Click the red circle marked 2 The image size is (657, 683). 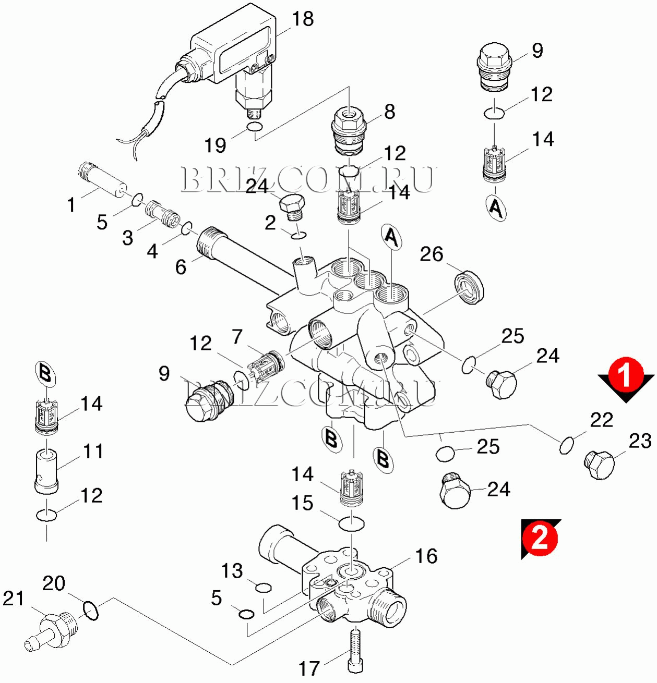point(539,537)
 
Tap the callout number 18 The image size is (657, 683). point(303,19)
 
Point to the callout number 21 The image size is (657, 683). point(13,599)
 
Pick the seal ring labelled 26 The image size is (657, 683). point(469,287)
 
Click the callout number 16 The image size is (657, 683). point(426,556)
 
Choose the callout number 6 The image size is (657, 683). point(181,267)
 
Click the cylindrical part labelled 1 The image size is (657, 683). point(104,180)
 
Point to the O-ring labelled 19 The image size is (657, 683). point(254,128)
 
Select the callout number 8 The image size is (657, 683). point(389,112)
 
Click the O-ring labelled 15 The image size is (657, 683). point(351,523)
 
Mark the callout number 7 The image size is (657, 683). point(237,337)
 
